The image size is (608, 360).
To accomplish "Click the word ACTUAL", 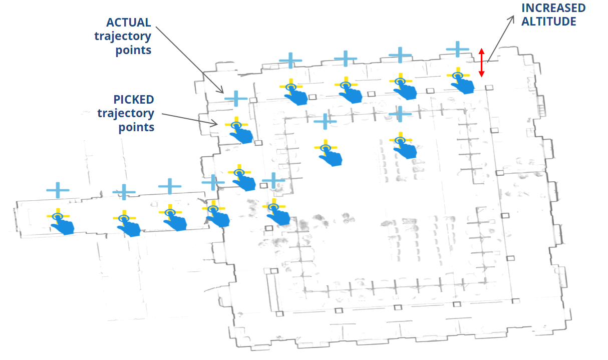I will pyautogui.click(x=129, y=23).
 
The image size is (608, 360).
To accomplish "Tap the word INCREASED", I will pyautogui.click(x=553, y=8).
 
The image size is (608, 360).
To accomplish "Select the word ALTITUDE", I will pyautogui.click(x=549, y=22).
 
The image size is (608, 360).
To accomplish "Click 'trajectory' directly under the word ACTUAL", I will pyautogui.click(x=123, y=36).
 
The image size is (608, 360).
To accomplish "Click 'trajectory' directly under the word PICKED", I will pyautogui.click(x=126, y=113).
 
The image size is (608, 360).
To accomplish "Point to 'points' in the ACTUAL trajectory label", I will pyautogui.click(x=133, y=50).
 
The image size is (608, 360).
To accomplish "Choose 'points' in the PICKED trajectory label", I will pyautogui.click(x=136, y=127).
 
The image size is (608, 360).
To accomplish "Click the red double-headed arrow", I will pyautogui.click(x=481, y=63).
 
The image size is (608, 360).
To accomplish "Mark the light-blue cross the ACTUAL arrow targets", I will pyautogui.click(x=236, y=98).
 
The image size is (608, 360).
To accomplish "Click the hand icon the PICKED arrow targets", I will pyautogui.click(x=243, y=134).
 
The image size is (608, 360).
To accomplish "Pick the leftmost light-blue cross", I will pyautogui.click(x=58, y=190).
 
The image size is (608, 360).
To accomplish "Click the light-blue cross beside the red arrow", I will pyautogui.click(x=457, y=49).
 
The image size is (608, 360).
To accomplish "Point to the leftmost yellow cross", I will pyautogui.click(x=58, y=216).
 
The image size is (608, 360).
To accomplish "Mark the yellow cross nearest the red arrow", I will pyautogui.click(x=457, y=76).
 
